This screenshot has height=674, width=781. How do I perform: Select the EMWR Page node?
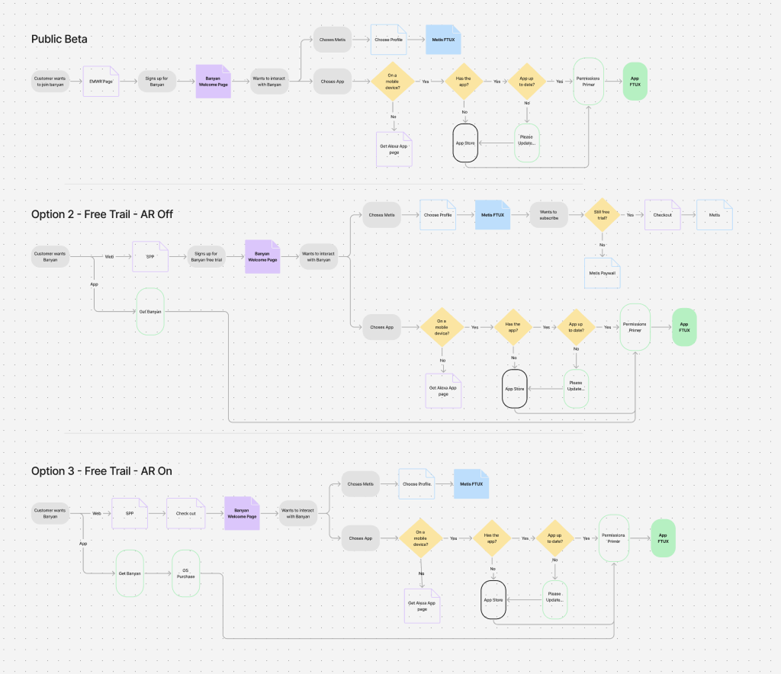(x=101, y=81)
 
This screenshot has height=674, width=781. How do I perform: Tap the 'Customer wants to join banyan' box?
(x=50, y=81)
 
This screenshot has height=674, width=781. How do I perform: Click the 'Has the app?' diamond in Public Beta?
(x=464, y=81)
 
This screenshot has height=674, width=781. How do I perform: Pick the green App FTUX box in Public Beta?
(x=635, y=81)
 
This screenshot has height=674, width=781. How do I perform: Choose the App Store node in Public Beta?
(x=464, y=143)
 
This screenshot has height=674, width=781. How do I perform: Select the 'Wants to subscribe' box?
(x=549, y=215)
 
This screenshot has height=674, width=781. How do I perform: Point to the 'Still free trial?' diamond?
(x=602, y=215)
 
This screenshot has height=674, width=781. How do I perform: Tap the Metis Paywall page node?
(x=602, y=272)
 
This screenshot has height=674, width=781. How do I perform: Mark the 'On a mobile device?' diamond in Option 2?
(x=442, y=327)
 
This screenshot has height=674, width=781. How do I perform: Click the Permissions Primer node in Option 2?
(x=635, y=327)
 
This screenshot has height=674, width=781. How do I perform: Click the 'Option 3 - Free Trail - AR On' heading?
(x=101, y=471)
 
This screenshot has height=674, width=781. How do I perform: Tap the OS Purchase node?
(x=185, y=573)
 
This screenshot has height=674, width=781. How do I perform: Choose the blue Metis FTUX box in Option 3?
(x=471, y=484)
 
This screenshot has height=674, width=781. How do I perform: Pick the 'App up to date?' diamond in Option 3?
(x=554, y=538)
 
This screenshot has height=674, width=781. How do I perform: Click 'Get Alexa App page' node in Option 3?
(x=422, y=606)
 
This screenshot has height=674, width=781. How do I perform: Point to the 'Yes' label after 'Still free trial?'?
(x=630, y=215)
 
